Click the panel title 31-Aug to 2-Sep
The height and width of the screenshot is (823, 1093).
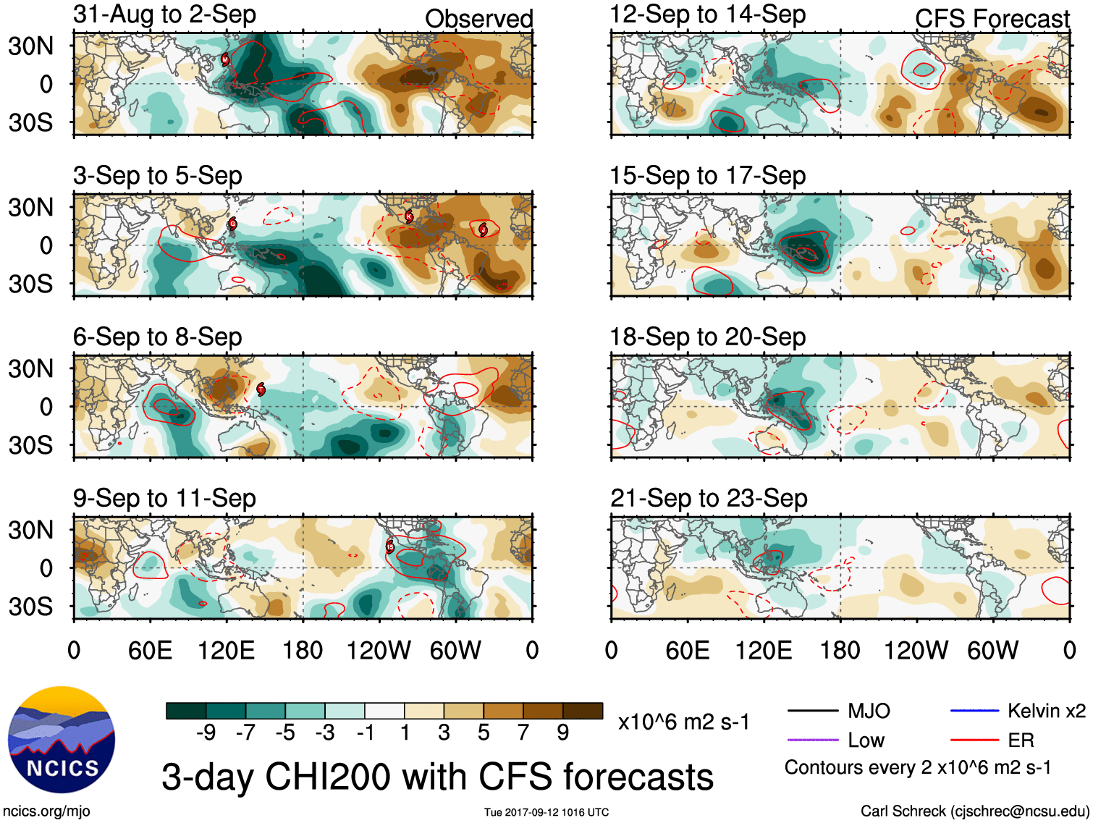(x=164, y=14)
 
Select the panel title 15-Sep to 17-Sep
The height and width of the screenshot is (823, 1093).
(x=707, y=176)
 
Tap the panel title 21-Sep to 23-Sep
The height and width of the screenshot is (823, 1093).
(x=709, y=499)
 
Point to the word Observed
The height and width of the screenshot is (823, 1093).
(x=478, y=19)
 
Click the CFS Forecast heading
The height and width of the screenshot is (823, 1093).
(x=992, y=19)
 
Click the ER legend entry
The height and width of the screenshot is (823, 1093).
(x=1021, y=740)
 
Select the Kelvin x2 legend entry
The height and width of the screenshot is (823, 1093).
(x=1046, y=711)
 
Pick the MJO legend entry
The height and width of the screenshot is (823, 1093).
(x=869, y=711)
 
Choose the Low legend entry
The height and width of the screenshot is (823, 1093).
(x=866, y=740)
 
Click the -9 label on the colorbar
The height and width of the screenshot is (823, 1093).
(x=206, y=733)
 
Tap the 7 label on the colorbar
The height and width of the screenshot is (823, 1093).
(x=523, y=733)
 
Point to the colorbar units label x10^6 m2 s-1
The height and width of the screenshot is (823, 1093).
(x=683, y=722)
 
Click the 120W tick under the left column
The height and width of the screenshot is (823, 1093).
(x=378, y=650)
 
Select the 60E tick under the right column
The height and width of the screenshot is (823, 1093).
(x=687, y=650)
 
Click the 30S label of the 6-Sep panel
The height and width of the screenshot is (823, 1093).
(x=30, y=445)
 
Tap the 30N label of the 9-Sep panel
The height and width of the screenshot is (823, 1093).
(x=30, y=530)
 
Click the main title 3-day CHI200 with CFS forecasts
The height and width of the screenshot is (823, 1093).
(x=437, y=777)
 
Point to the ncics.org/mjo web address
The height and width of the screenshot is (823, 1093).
(x=46, y=811)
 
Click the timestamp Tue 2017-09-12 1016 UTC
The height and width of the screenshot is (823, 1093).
(x=546, y=812)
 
